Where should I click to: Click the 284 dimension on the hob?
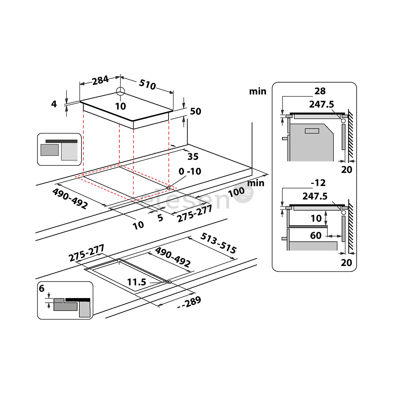(100, 80)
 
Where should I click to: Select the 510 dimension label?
(147, 85)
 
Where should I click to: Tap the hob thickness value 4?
(54, 104)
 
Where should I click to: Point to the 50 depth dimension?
(195, 111)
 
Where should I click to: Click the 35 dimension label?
(193, 156)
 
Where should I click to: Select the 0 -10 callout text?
(190, 171)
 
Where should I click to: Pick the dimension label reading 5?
(160, 218)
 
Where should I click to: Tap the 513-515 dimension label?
(219, 243)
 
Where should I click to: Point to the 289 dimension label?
(188, 302)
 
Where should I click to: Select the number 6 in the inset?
(41, 289)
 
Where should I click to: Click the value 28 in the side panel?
(320, 91)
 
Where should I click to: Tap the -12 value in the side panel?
(318, 183)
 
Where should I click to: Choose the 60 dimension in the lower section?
(315, 236)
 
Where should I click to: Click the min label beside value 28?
(258, 91)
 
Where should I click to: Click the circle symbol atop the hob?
(120, 91)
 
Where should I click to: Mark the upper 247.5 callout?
(321, 104)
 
